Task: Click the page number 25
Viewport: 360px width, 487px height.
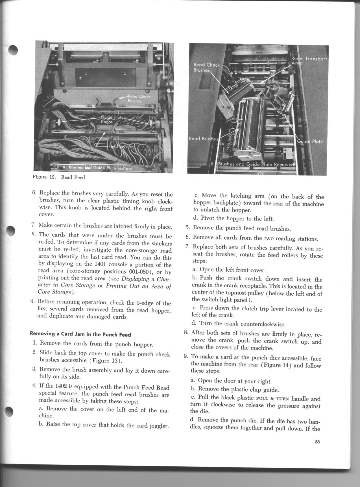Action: (x=317, y=442)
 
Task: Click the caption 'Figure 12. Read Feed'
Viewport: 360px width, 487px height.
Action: (x=59, y=177)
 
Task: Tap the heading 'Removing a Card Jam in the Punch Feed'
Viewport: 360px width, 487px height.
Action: (x=80, y=335)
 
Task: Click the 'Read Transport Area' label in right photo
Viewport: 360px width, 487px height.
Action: (x=309, y=61)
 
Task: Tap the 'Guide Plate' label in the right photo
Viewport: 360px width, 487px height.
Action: (x=310, y=141)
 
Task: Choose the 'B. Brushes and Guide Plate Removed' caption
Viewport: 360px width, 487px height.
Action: (x=253, y=164)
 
